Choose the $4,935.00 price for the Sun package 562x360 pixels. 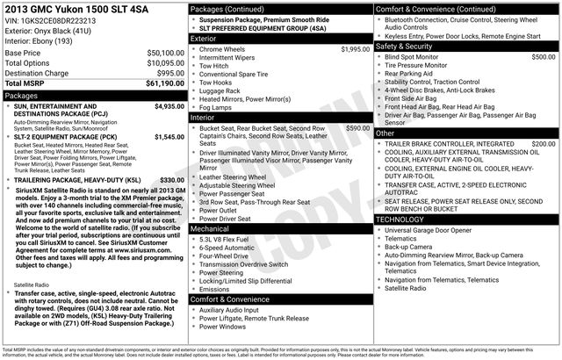click(x=162, y=106)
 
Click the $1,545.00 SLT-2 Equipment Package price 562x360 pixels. click(x=162, y=137)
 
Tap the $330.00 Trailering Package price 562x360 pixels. click(x=166, y=180)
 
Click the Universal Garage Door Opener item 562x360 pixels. click(x=435, y=230)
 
